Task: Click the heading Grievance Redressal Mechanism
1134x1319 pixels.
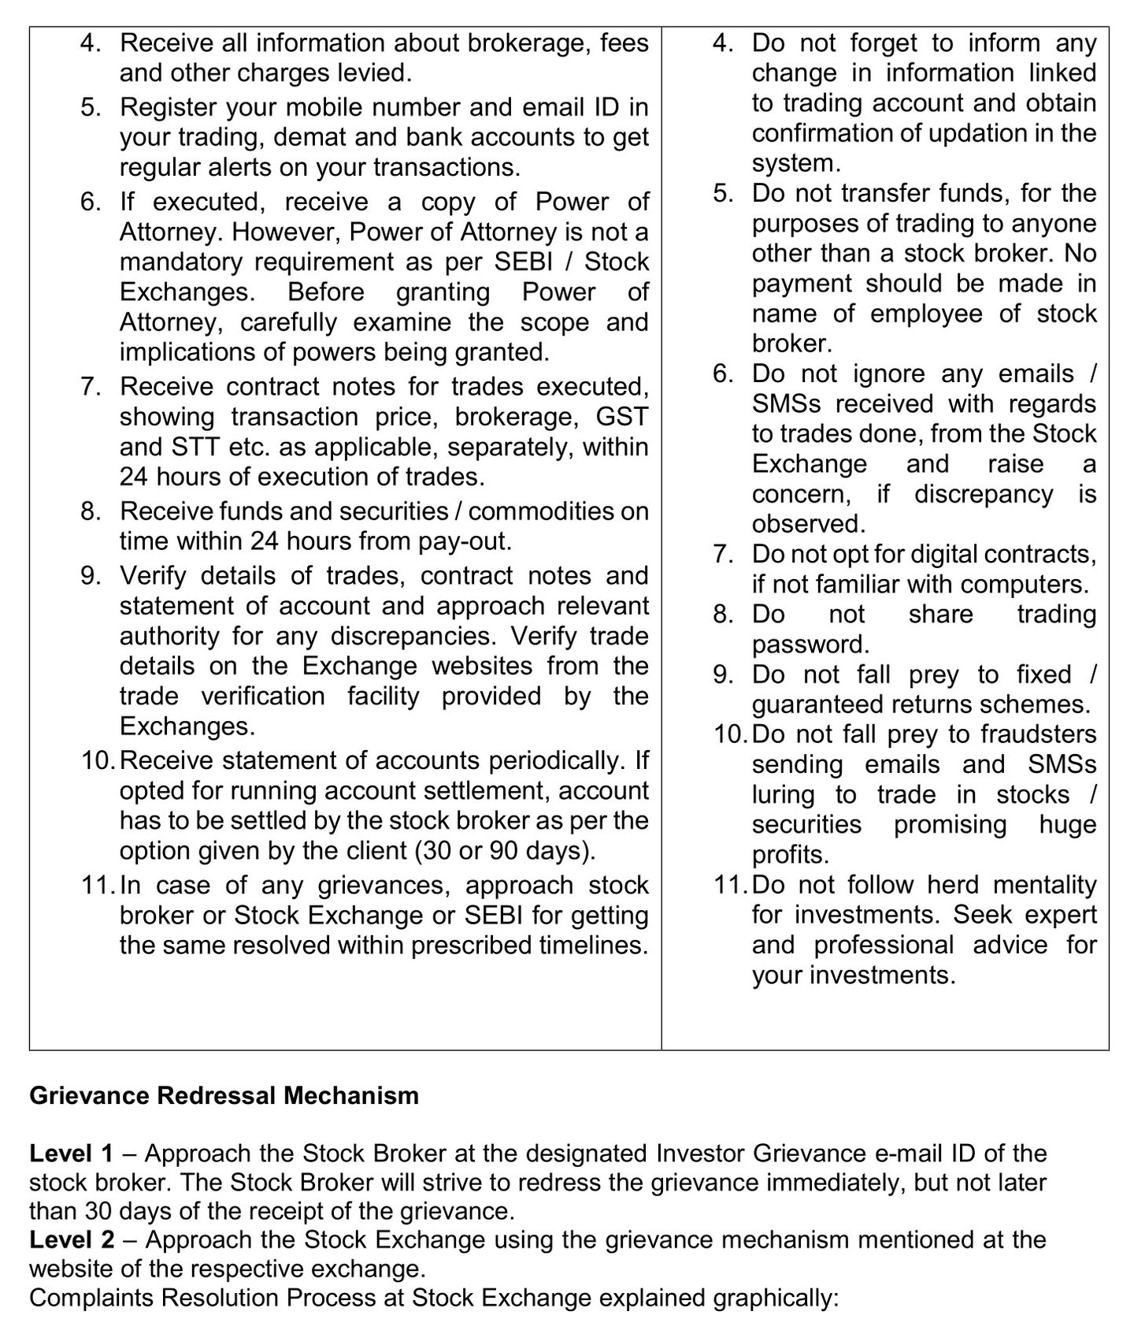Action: pos(224,1095)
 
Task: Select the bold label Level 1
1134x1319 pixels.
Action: pos(71,1154)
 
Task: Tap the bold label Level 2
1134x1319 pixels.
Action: pos(71,1239)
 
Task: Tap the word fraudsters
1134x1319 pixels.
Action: pos(1038,734)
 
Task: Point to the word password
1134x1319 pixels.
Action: pos(809,644)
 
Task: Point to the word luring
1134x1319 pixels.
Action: pos(784,794)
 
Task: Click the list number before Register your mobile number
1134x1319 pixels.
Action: pos(91,106)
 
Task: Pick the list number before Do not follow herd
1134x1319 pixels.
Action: pos(730,884)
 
